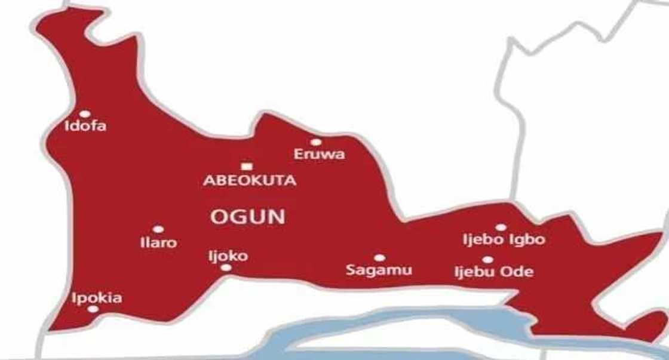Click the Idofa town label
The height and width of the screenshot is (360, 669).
[x=85, y=127]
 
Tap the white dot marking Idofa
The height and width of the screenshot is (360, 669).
[x=85, y=113]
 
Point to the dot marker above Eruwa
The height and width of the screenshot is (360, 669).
[x=316, y=142]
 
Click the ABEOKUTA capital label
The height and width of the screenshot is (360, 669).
[x=250, y=181]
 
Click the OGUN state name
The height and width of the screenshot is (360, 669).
[x=247, y=217]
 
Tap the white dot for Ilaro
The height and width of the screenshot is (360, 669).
[x=158, y=229]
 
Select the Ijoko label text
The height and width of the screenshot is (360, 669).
[x=228, y=256]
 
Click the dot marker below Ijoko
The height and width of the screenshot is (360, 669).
[x=226, y=267]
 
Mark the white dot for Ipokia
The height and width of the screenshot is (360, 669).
[x=93, y=309]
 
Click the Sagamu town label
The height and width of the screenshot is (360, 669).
[x=379, y=270]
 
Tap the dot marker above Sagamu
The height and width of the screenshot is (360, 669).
[x=379, y=258]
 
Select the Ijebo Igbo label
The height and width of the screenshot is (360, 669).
[x=504, y=241]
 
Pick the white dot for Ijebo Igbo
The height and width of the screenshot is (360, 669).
[x=501, y=227]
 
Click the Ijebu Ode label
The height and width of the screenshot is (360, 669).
[x=493, y=273]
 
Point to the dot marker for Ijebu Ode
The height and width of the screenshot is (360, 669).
[x=487, y=260]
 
